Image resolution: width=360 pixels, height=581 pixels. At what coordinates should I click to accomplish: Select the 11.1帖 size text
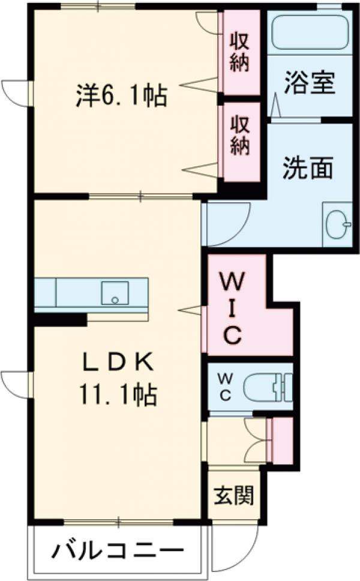click(118, 394)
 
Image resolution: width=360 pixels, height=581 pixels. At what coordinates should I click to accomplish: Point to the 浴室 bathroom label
click(309, 83)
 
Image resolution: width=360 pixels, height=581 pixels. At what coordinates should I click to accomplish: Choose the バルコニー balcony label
click(117, 550)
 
